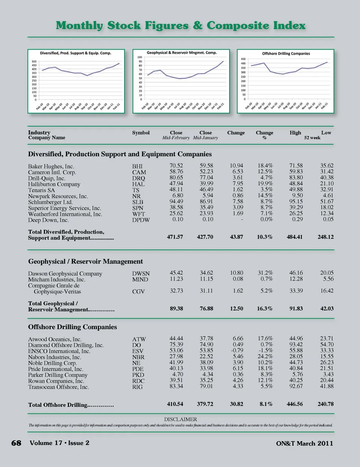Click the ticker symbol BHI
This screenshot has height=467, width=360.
137,166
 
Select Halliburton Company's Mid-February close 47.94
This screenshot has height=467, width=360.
176,184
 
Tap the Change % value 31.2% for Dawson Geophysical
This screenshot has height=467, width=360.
265,273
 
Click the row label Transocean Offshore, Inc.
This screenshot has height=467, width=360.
58,387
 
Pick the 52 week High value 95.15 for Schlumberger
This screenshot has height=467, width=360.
296,201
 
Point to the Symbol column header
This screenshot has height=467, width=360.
141,133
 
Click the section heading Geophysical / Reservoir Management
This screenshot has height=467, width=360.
85,262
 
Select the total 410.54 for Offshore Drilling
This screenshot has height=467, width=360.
175,404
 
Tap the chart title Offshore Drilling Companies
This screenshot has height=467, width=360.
286,54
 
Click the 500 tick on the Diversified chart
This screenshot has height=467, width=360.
34,61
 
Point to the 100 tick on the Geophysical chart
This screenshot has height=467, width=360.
139,57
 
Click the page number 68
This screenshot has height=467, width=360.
16,443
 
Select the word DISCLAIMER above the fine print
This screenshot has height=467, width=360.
180,419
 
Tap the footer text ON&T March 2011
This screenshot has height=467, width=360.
304,443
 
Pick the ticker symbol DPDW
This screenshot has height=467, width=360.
141,220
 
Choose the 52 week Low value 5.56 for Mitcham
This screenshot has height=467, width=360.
328,279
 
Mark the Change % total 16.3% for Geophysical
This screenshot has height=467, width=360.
265,308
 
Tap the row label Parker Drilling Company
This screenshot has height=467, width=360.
58,375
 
